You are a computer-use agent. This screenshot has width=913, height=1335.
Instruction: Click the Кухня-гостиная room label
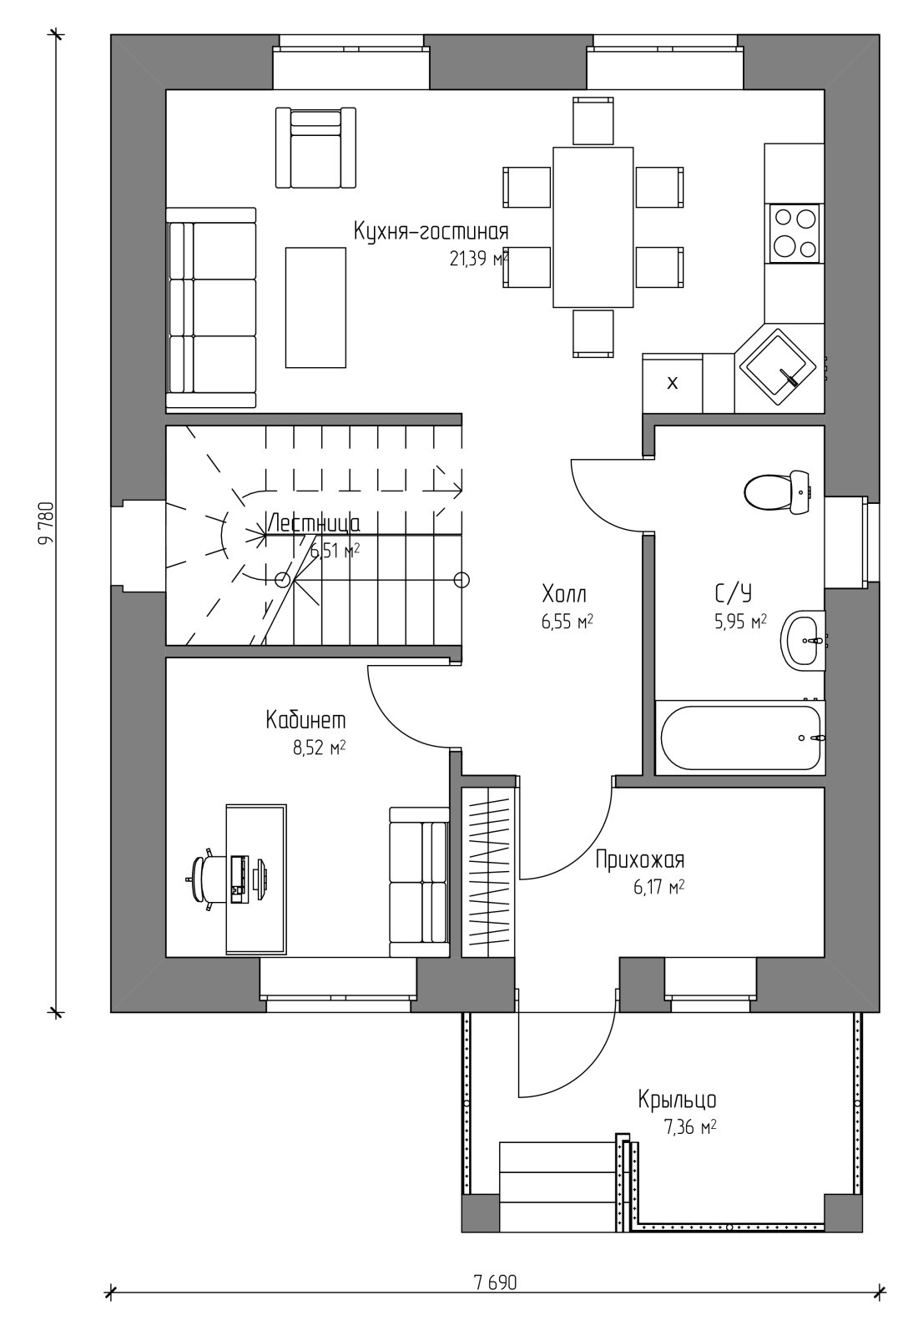pos(431,231)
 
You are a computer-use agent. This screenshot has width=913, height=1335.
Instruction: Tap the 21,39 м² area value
pos(479,258)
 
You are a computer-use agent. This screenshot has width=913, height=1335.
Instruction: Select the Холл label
pos(564,594)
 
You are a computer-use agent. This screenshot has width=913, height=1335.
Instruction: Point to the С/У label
pos(733,592)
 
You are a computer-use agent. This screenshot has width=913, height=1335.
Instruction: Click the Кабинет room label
pos(305,720)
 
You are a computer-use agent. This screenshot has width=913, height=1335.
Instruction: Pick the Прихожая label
pos(640,860)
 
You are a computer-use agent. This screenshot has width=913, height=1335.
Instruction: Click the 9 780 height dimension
pos(46,523)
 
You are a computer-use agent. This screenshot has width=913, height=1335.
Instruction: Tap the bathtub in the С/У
pos(740,738)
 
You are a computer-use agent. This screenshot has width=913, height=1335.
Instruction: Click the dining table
pos(593,227)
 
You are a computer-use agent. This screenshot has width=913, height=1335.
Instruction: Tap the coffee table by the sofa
pos(315,308)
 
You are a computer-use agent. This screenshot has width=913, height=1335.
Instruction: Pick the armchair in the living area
pos(315,148)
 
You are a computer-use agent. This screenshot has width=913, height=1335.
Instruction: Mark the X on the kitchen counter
pos(673,383)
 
